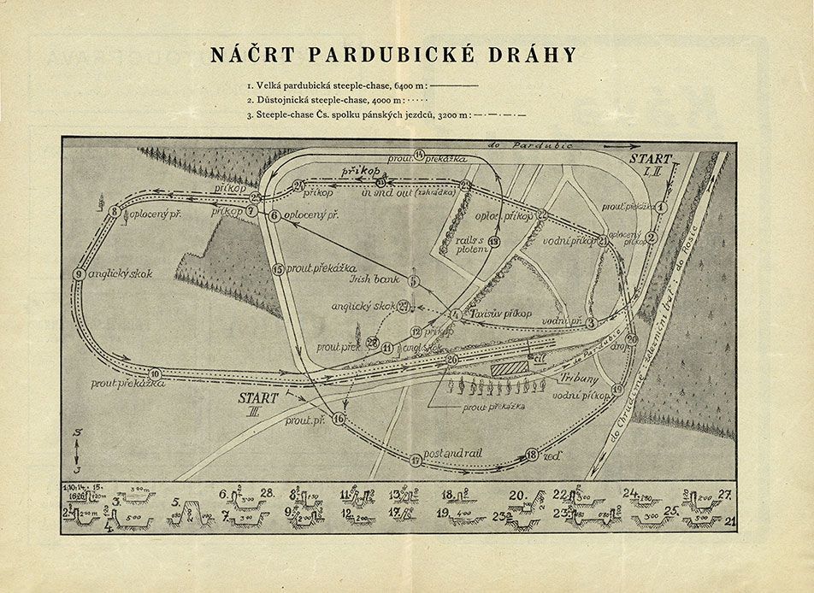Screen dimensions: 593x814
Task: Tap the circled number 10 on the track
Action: tap(155, 373)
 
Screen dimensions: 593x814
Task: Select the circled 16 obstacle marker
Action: tap(339, 419)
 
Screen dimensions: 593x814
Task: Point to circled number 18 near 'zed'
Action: tap(532, 455)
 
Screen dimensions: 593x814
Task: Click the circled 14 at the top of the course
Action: tap(419, 154)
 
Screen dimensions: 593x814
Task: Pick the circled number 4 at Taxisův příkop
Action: tap(455, 315)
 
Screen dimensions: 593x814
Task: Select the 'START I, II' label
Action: tap(652, 164)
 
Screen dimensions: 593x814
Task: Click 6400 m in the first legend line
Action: tap(408, 86)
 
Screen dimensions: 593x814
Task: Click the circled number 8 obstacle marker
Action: tap(114, 211)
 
